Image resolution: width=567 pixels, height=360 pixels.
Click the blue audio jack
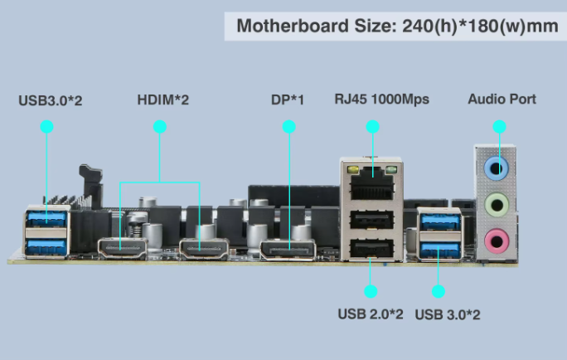tap(497, 168)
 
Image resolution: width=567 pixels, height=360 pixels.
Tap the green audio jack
tap(497, 204)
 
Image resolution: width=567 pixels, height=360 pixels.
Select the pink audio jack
tap(497, 241)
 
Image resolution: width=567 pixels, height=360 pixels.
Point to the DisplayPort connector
tap(288, 251)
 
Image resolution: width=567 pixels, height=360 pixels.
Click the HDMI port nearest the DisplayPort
tap(204, 250)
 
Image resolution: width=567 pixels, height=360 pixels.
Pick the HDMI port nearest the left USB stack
tap(123, 250)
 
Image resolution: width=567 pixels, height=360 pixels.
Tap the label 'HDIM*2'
tap(163, 100)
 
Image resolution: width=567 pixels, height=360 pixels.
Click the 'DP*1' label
tap(288, 100)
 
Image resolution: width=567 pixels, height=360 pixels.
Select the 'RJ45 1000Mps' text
tap(382, 100)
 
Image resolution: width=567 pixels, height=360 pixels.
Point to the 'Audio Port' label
tap(502, 100)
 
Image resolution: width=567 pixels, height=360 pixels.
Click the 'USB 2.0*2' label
tap(371, 314)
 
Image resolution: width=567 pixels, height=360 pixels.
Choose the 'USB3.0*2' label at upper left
tap(51, 100)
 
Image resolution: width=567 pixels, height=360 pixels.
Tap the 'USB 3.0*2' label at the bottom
tap(448, 314)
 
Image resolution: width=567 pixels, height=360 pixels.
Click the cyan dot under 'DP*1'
tap(289, 127)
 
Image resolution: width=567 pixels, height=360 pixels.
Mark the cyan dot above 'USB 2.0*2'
tap(371, 291)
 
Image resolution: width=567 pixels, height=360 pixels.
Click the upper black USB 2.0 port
tap(371, 220)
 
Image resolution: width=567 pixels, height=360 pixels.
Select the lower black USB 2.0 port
tap(371, 248)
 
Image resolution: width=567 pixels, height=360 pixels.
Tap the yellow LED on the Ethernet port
tap(352, 169)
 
